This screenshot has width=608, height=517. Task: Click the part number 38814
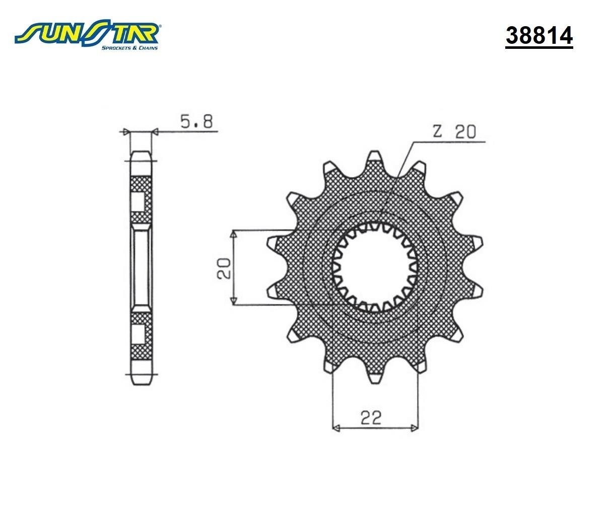(x=539, y=35)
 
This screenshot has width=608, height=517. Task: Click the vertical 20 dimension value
(x=224, y=268)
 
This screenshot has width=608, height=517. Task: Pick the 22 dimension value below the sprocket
(x=371, y=417)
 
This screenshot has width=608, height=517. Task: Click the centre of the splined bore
(x=374, y=267)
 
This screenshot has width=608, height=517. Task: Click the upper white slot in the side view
(x=138, y=201)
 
